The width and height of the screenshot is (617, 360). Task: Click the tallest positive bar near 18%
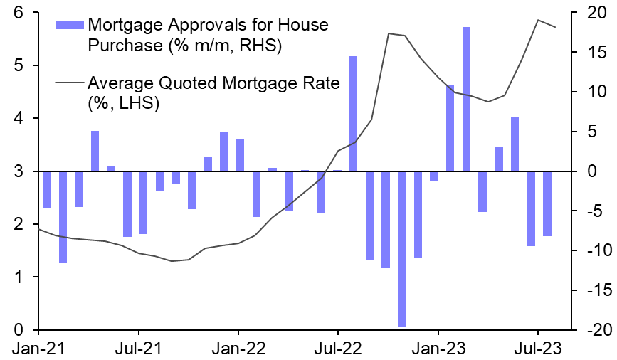click(x=466, y=99)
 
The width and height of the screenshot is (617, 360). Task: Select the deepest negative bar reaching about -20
click(x=401, y=248)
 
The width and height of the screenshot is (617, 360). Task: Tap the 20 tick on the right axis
click(x=595, y=13)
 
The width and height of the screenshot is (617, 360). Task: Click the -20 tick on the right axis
click(x=593, y=330)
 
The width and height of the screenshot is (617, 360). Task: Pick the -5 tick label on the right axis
click(x=595, y=211)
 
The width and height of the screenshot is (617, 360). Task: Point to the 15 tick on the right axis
click(x=595, y=53)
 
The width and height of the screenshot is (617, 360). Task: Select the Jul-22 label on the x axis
click(x=337, y=349)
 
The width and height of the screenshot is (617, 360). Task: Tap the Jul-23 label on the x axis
click(x=537, y=349)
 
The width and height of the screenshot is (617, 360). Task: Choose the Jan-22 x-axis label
click(x=238, y=349)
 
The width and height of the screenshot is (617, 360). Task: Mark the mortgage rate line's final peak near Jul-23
click(x=538, y=20)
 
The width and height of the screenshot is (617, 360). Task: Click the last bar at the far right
click(x=547, y=203)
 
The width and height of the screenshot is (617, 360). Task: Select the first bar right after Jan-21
click(x=46, y=190)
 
